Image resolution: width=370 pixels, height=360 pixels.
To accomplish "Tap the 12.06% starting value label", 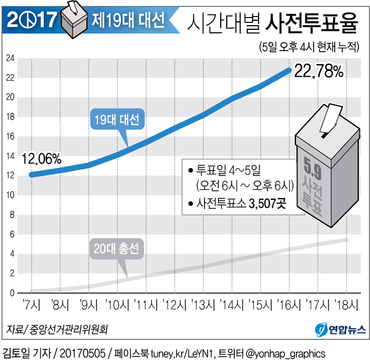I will (42, 159).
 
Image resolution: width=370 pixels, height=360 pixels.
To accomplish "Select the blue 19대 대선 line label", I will (115, 120).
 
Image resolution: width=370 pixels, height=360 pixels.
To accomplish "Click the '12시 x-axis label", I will (174, 305).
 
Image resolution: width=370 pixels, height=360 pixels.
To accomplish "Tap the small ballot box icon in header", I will (74, 18).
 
